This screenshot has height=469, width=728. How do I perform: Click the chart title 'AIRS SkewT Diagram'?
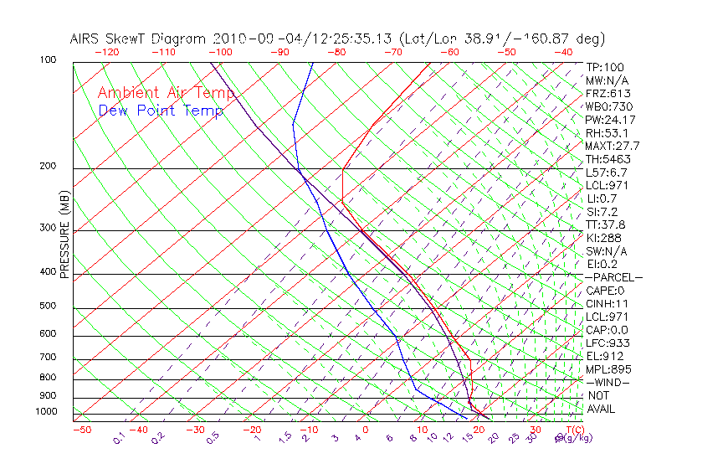click(139, 39)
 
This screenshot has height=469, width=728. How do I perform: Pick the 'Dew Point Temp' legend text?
click(160, 111)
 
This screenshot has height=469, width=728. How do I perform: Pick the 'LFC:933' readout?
click(608, 343)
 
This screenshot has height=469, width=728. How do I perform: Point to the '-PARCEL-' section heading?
click(613, 277)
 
